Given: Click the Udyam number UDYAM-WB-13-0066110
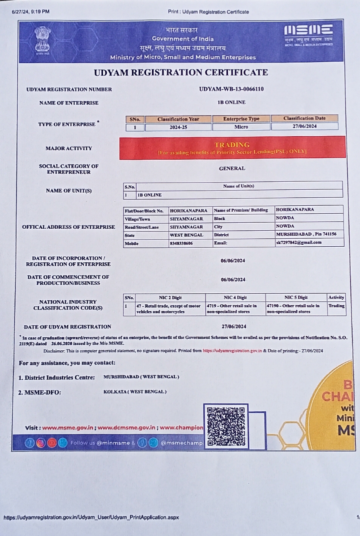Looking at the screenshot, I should coord(231,89).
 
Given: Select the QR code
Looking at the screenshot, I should coord(226,426).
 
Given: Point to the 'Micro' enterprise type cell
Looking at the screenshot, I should coord(241,127).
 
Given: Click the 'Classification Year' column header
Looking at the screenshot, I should coord(178,119).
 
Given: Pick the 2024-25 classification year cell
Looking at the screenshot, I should coord(178,127).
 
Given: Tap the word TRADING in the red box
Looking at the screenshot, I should coord(231,145).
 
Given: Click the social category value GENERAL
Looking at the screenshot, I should coord(232,169).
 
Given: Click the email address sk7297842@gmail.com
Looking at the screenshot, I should coord(298,243).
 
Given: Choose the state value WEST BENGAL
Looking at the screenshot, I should coord(186,235).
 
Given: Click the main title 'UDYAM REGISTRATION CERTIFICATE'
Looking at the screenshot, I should coord(181,72).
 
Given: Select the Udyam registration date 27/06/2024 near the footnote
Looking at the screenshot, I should coord(232,327).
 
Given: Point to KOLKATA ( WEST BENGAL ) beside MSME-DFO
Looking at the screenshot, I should coord(135,391).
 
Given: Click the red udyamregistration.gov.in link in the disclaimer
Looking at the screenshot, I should coord(232,351).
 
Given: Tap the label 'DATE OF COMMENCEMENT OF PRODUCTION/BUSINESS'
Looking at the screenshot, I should coord(68,280).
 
